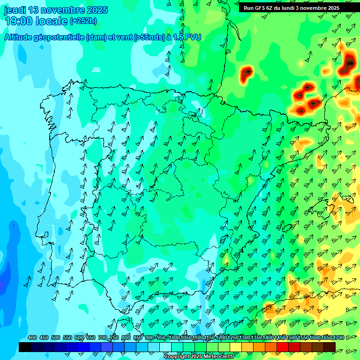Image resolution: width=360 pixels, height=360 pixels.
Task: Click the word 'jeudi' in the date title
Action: (x=15, y=10)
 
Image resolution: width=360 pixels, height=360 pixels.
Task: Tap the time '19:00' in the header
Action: (x=18, y=21)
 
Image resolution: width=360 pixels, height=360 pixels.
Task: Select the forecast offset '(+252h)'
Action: (x=83, y=21)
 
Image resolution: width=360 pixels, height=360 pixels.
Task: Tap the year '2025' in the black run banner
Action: (x=331, y=8)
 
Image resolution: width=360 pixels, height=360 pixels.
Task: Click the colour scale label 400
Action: (x=32, y=338)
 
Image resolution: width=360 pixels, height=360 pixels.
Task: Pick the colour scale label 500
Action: (x=56, y=338)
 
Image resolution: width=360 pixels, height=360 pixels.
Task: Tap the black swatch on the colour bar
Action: (x=25, y=347)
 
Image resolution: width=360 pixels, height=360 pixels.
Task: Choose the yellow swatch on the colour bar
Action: (x=236, y=347)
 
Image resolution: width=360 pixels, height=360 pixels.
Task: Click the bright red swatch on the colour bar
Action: (x=283, y=347)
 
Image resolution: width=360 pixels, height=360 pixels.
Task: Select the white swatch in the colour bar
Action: (x=165, y=347)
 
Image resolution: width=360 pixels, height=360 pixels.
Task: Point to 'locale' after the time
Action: (x=52, y=21)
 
